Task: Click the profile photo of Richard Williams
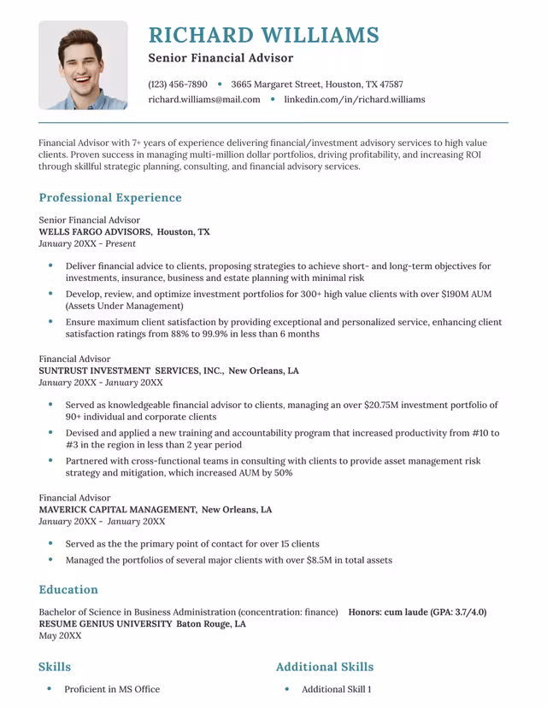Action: (83, 66)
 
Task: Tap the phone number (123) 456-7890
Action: (178, 85)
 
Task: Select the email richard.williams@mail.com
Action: (204, 100)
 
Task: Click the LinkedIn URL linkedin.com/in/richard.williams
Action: (354, 100)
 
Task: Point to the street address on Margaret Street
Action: (316, 85)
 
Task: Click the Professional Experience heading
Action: (110, 198)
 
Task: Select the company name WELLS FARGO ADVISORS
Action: (95, 232)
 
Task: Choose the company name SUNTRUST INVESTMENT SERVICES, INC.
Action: (131, 371)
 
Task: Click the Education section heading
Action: (68, 590)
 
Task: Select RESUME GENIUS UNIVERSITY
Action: (105, 624)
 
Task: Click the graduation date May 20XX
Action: (60, 636)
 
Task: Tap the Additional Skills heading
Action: (325, 667)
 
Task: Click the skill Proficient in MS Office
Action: (112, 689)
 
